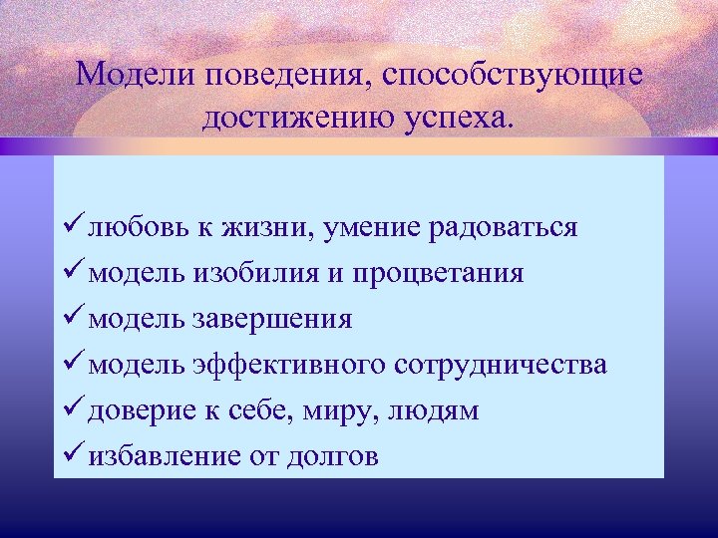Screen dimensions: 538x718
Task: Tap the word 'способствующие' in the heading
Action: tap(510, 75)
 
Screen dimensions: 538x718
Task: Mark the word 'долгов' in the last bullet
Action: tap(328, 456)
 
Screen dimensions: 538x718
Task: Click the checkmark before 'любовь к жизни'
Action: tap(72, 227)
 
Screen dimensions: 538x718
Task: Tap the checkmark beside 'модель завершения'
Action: tap(72, 319)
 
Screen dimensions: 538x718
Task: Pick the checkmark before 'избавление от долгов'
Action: tap(72, 456)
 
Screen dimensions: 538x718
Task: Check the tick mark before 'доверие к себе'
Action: tap(72, 410)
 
